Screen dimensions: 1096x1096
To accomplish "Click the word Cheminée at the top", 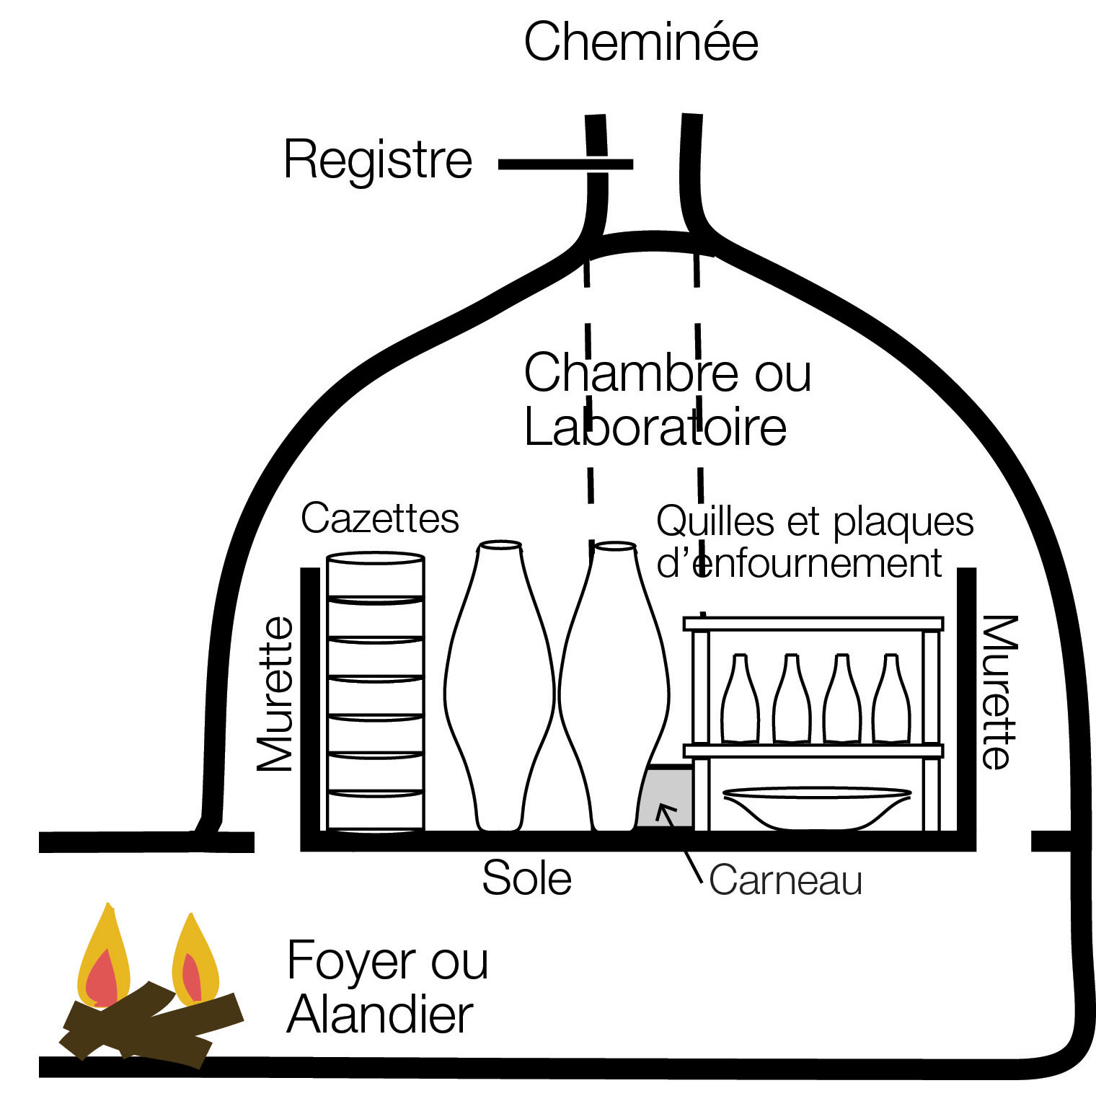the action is pos(641,41).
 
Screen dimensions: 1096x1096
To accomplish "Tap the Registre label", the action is pos(378,159).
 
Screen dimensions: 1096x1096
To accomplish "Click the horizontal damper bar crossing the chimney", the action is pos(566,165).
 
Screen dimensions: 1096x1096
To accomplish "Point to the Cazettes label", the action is pos(380,518).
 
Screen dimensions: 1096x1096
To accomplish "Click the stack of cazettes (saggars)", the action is pos(375,692).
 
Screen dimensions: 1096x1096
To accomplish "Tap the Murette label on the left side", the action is pos(276,694).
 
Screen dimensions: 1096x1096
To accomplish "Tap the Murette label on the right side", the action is pos(1000,692).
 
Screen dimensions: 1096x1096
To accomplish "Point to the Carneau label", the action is pos(785,880).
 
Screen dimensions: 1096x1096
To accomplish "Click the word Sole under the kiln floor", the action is pos(527,878).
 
